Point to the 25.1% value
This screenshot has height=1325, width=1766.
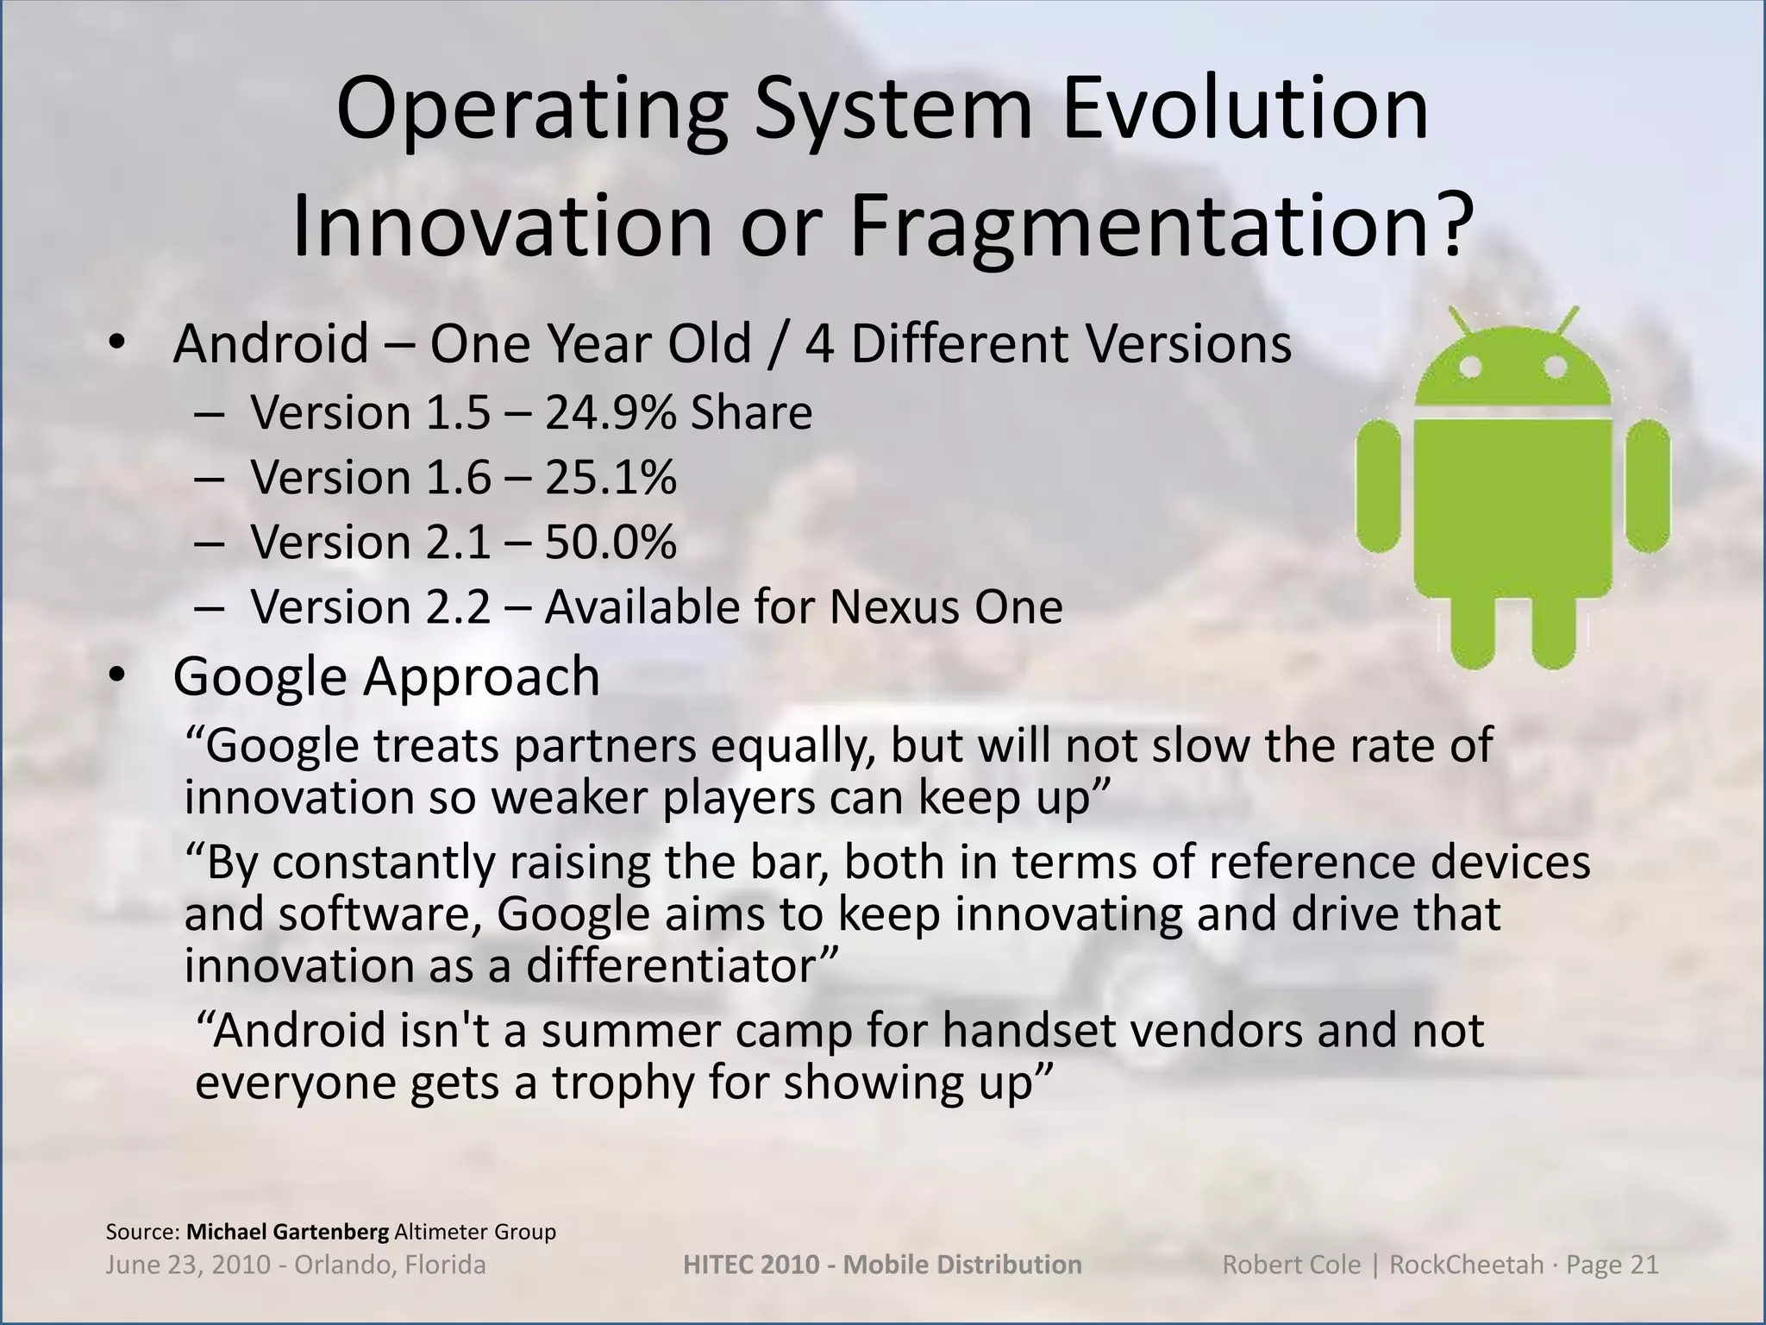pos(611,477)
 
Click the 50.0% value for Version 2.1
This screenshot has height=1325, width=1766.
pos(611,543)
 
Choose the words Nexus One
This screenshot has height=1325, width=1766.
pos(946,607)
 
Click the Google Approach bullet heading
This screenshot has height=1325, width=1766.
pos(386,676)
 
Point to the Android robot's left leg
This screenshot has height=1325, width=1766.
pos(1473,630)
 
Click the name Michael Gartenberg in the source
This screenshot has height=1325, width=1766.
pos(288,1232)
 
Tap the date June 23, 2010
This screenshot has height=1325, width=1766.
pos(186,1265)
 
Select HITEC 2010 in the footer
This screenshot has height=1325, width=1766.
pos(750,1265)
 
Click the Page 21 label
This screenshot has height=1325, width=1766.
pos(1612,1265)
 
